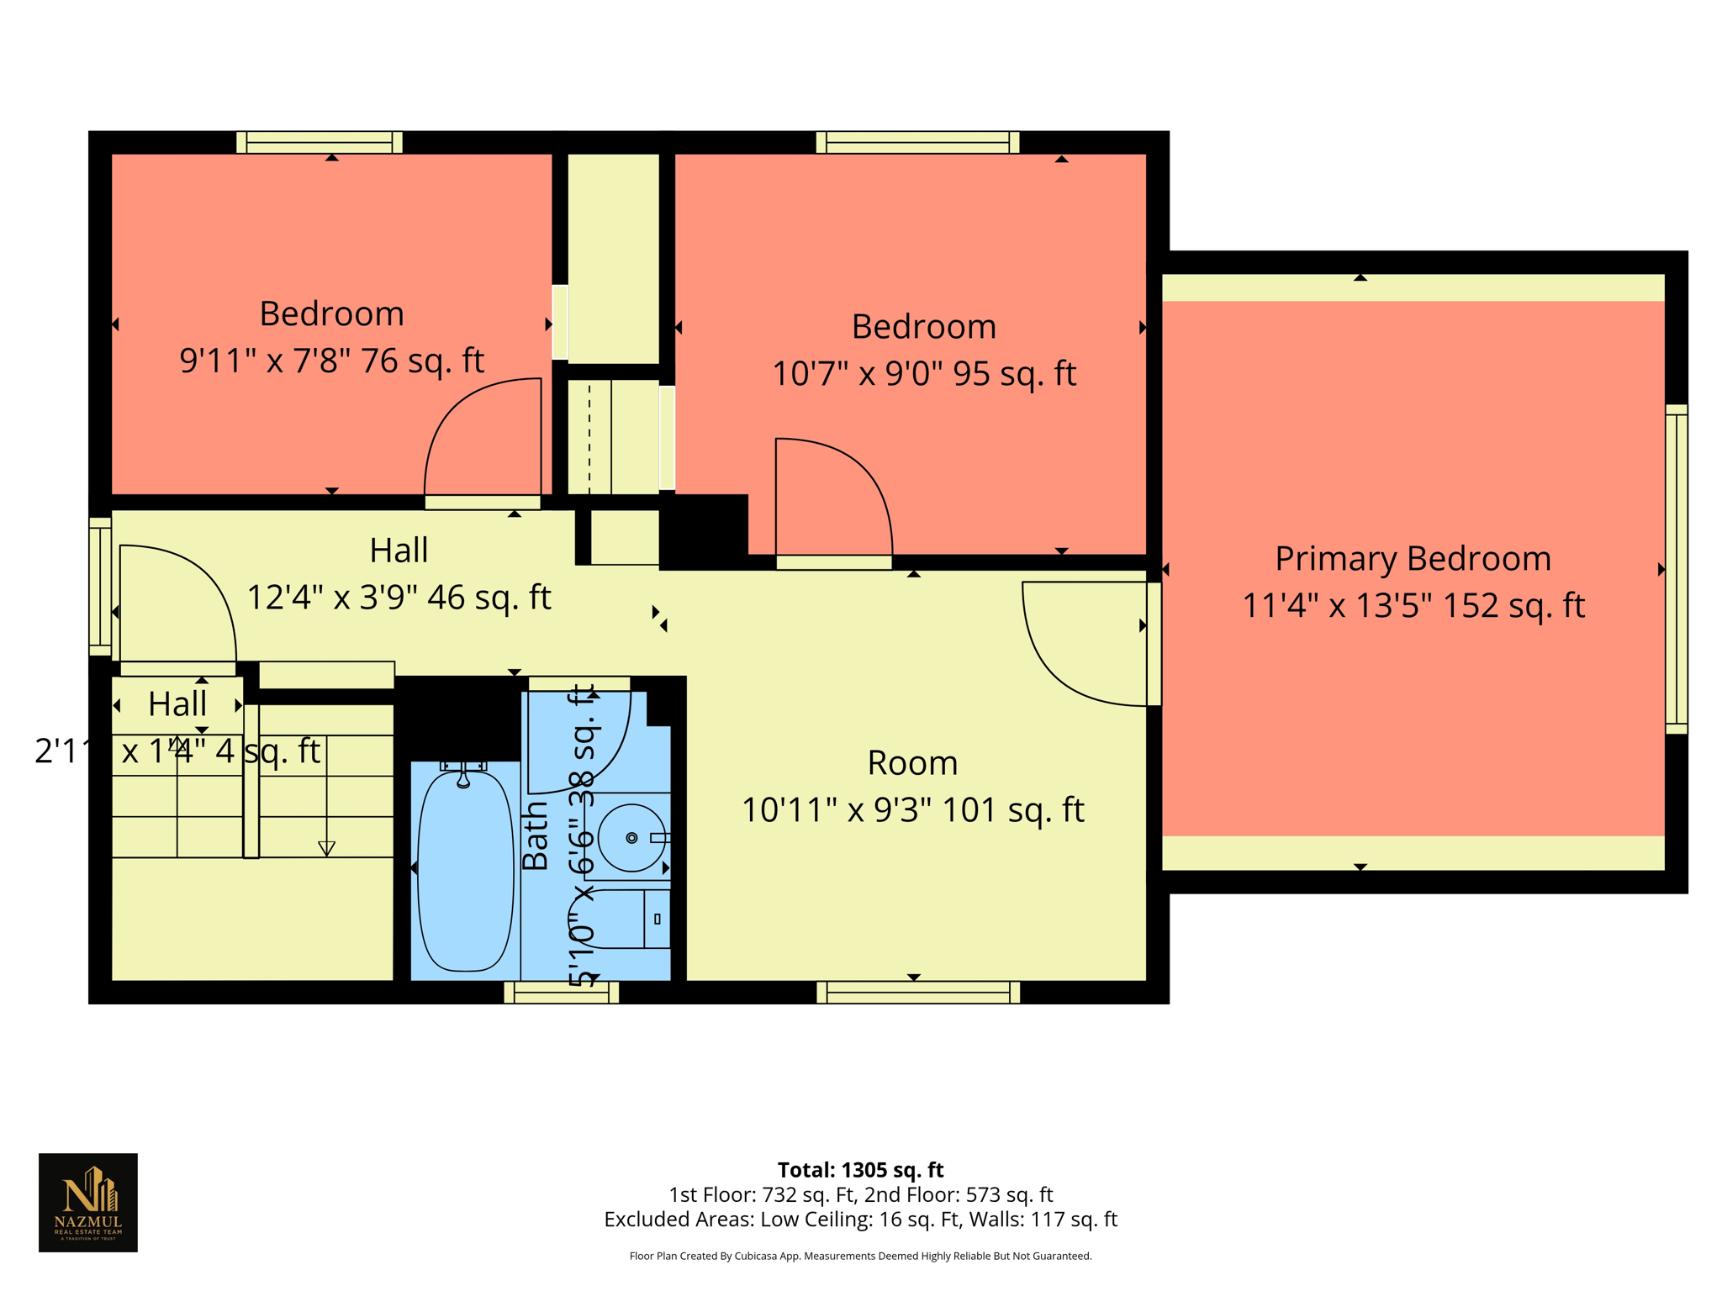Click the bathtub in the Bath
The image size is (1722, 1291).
tap(465, 870)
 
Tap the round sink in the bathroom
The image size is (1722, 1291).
tap(631, 838)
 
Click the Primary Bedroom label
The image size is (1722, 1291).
tap(1413, 559)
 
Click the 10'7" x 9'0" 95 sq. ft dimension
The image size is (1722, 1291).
tap(923, 373)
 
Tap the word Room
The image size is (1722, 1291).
tap(912, 763)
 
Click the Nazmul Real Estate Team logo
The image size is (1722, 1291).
tap(88, 1202)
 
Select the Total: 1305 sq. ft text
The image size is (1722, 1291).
tap(860, 1170)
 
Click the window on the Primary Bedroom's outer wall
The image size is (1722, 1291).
tap(1676, 569)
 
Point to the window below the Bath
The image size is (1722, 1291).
tap(561, 993)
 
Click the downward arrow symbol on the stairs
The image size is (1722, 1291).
tap(326, 848)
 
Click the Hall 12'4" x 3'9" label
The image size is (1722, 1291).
tap(399, 574)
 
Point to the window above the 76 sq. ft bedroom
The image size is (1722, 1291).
tap(319, 142)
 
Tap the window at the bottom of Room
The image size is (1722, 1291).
tap(918, 993)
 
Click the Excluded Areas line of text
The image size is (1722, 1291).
tap(860, 1220)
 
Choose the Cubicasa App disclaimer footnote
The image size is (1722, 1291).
tap(860, 1257)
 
